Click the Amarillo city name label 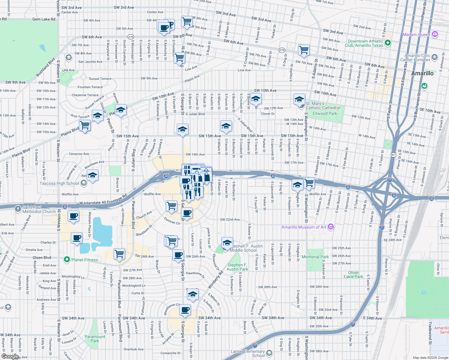point(422,73)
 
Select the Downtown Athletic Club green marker point(387,43)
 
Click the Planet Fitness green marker point(67,260)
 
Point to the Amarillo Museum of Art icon point(331,227)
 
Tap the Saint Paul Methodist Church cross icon point(18,208)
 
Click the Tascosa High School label point(59,183)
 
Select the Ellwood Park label point(325,113)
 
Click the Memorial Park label point(315,257)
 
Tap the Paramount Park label point(95,339)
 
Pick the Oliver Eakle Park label point(353,274)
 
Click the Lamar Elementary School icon point(269,353)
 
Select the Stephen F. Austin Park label point(237,267)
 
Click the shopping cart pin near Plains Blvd point(85,125)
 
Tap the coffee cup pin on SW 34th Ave point(185,310)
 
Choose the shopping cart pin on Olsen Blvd point(119,254)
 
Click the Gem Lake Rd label point(44,19)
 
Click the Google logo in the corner point(10,356)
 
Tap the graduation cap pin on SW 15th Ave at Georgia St point(182,130)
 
